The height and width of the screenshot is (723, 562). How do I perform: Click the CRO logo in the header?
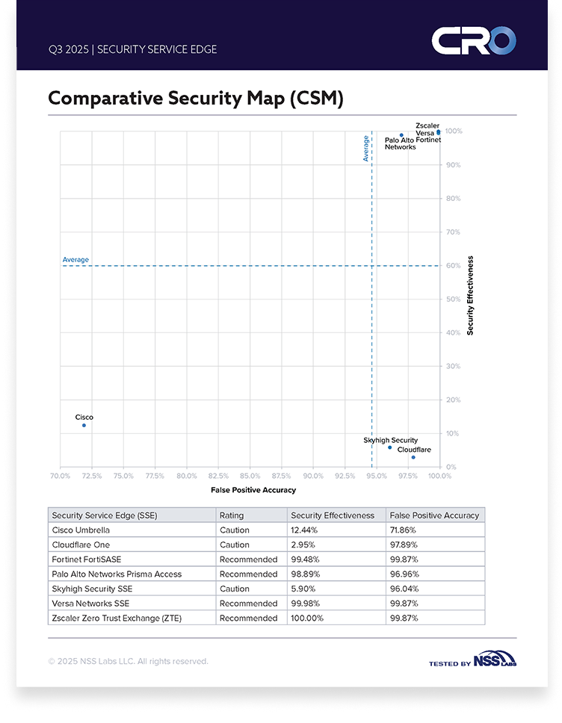pos(473,40)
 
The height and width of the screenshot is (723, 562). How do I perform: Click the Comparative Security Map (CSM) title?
pos(195,99)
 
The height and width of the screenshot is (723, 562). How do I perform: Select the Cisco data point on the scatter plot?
pos(84,425)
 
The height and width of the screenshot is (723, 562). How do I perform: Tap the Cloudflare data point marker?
pos(413,457)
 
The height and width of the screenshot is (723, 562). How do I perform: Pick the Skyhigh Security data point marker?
pos(389,447)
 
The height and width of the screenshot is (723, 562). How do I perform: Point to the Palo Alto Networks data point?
pos(401,135)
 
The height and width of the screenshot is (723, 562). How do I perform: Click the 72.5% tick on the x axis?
pos(91,475)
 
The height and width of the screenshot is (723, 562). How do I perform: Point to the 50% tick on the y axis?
pos(454,299)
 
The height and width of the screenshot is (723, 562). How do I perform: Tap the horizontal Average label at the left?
pos(75,260)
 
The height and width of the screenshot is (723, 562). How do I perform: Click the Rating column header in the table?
pos(231,515)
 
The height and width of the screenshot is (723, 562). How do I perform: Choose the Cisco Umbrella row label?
pos(81,530)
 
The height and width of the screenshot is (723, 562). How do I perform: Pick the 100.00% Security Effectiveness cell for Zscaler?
pos(308,618)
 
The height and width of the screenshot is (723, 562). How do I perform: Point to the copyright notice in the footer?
pos(128,661)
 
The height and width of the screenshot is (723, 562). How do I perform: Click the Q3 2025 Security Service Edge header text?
pos(132,49)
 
